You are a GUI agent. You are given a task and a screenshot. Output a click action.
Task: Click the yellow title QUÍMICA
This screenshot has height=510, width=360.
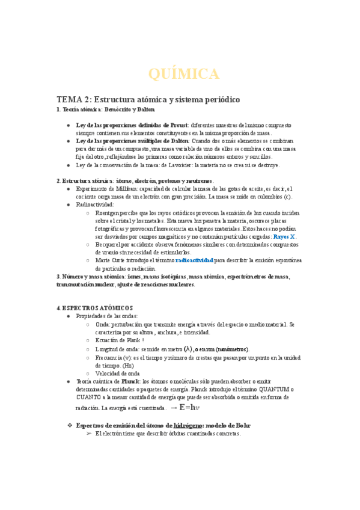(x=183, y=74)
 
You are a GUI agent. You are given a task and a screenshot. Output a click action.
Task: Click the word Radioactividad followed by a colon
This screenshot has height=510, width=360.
(x=95, y=204)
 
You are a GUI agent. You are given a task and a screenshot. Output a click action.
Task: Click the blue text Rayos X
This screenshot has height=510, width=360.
(x=285, y=236)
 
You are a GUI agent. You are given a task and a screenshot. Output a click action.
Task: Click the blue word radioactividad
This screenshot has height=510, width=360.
(x=195, y=260)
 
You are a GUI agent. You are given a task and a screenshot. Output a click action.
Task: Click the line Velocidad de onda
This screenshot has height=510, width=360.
(x=117, y=373)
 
